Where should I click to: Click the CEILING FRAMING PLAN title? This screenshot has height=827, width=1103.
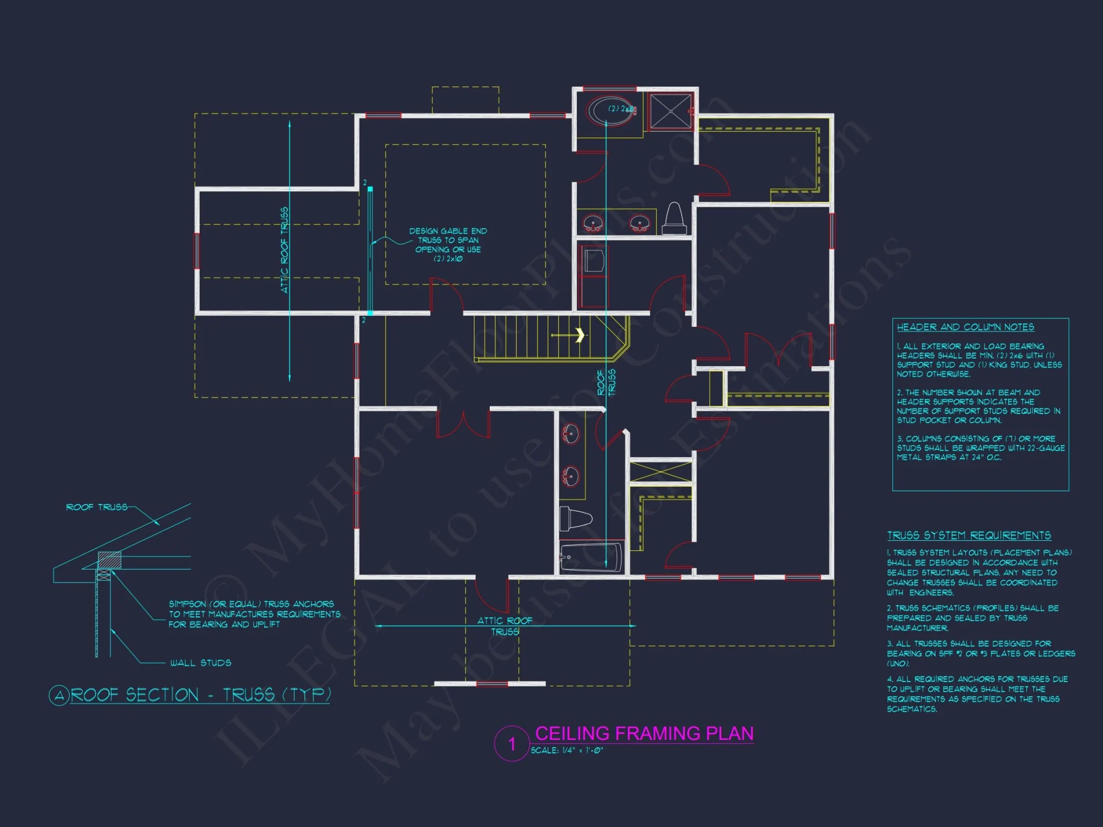[644, 733]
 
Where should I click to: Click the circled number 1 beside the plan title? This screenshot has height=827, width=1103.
[512, 744]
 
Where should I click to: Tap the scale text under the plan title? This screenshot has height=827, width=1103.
[567, 750]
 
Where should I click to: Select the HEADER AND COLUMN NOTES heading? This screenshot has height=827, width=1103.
[965, 327]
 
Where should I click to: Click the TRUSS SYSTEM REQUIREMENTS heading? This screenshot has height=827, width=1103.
[969, 535]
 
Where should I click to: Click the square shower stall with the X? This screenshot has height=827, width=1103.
[671, 111]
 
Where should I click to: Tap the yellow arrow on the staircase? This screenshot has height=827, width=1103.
[579, 335]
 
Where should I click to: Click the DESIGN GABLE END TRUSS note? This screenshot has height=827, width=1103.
[448, 244]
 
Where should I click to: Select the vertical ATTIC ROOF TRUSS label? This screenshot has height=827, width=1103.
[285, 250]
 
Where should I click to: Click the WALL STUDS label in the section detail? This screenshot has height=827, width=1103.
[201, 663]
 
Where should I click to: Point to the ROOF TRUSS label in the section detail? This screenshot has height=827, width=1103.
[97, 507]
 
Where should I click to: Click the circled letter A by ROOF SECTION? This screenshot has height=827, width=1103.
[59, 695]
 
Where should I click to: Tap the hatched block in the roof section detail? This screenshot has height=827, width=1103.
[109, 560]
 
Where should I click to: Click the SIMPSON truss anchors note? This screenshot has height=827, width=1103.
[254, 614]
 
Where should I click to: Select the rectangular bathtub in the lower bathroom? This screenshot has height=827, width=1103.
[591, 557]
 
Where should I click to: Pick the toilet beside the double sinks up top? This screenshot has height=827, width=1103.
[674, 219]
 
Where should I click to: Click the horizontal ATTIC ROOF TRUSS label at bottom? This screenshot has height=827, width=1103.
[505, 626]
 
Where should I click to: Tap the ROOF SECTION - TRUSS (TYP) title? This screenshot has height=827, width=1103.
[201, 695]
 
